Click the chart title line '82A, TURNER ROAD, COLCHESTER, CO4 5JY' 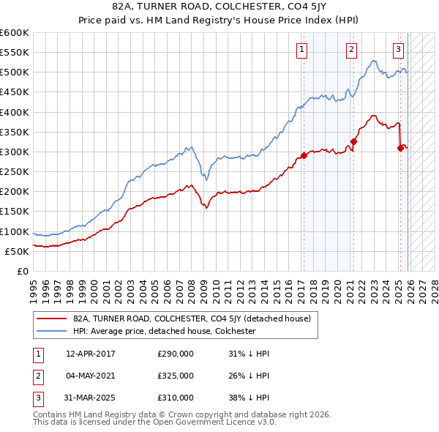219,7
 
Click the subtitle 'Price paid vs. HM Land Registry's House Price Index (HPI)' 219,19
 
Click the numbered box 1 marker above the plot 302,50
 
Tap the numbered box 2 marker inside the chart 351,50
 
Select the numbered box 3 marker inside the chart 398,50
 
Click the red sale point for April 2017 304,156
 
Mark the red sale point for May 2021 353,142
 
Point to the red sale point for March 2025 400,148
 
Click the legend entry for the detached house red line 192,319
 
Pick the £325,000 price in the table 176,376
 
